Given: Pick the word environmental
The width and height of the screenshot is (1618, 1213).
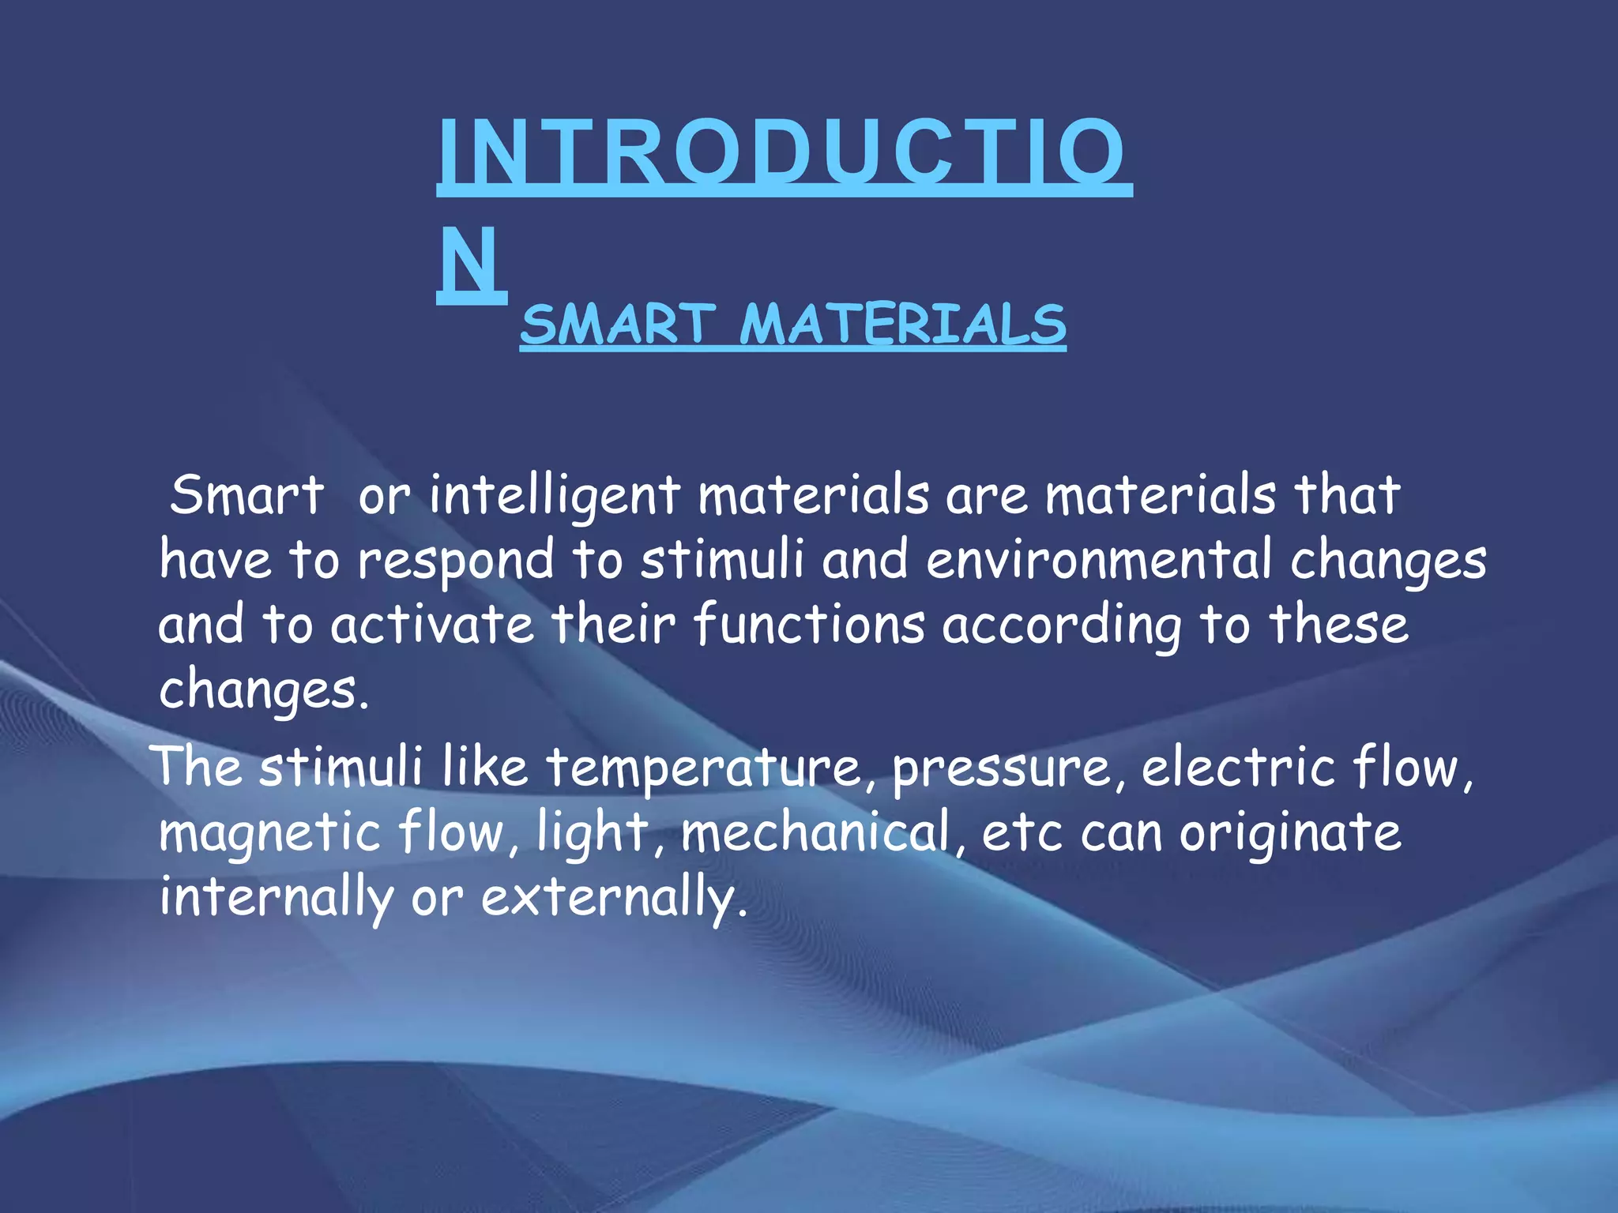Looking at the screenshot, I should coord(1099,561).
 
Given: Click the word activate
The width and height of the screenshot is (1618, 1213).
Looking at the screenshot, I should coord(432,625).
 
